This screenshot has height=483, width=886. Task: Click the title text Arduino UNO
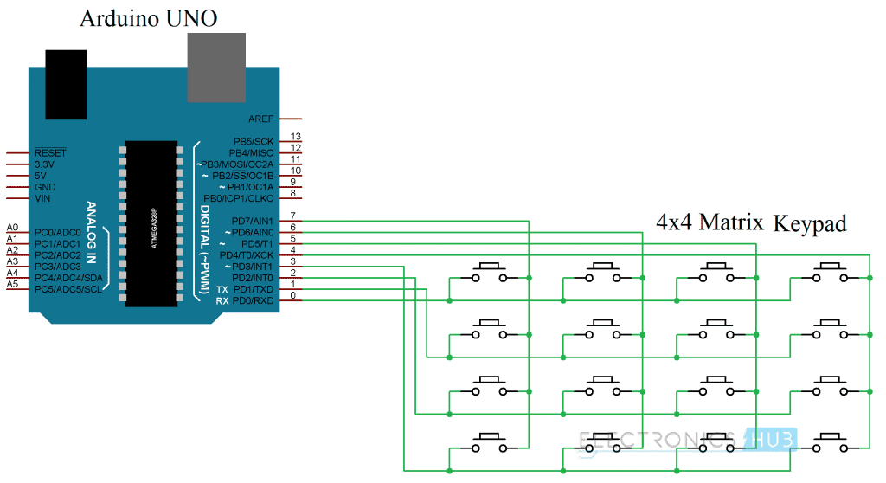[148, 19]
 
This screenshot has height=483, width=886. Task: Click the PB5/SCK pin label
[254, 141]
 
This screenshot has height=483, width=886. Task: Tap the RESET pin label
[50, 152]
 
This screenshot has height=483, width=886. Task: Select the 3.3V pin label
[44, 164]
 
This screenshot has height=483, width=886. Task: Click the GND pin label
[45, 186]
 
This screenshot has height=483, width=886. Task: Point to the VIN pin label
[42, 197]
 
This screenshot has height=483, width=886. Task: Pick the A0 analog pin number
[12, 228]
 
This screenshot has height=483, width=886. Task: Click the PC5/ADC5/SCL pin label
[68, 288]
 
